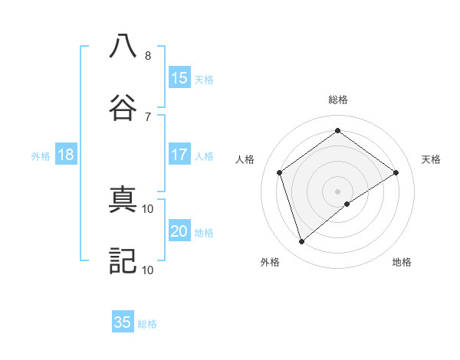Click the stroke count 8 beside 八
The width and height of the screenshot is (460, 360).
[148, 56]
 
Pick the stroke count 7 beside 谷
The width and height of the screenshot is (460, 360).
[148, 116]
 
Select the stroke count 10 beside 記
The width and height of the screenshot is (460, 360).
[148, 270]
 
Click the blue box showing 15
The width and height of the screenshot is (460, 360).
[179, 78]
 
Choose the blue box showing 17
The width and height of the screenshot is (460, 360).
[179, 155]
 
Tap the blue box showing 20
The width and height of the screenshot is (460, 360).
[179, 231]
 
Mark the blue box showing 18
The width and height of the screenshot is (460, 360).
[66, 155]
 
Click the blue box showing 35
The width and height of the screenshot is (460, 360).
[123, 322]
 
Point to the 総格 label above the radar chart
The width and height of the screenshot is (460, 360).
[338, 100]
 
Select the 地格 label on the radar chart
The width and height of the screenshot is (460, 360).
[402, 262]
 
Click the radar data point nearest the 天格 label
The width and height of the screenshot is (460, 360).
[396, 172]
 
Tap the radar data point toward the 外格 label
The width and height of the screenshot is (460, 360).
[302, 242]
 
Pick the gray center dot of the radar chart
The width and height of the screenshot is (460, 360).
[338, 191]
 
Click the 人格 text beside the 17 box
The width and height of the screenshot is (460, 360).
[204, 156]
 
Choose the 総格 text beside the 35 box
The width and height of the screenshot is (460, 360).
[147, 324]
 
